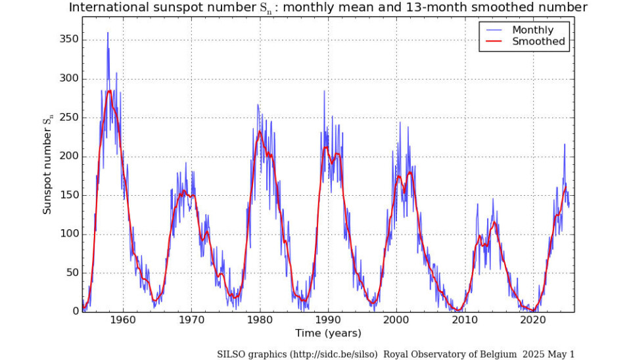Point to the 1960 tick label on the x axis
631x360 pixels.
tap(123, 320)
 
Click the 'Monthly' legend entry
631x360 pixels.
tap(532, 30)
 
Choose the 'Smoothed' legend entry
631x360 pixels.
tap(538, 41)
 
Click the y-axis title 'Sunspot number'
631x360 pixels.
tap(47, 169)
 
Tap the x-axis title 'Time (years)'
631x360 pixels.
tap(328, 332)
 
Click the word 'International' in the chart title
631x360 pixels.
tap(109, 8)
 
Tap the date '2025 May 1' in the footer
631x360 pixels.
tap(549, 354)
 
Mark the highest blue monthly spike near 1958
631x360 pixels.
tap(108, 33)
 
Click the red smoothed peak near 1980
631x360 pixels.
tap(260, 131)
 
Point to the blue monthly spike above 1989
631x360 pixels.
tap(324, 91)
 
